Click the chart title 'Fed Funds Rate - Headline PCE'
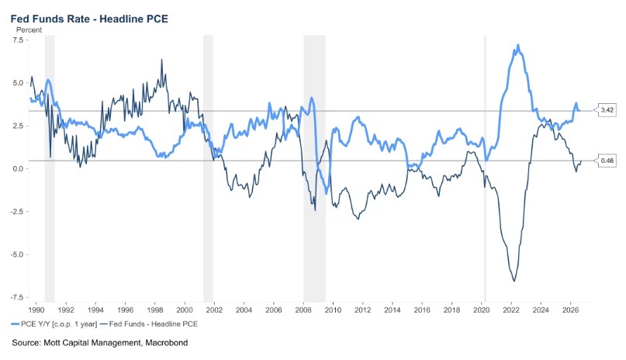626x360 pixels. coord(89,19)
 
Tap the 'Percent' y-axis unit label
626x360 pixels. coord(29,30)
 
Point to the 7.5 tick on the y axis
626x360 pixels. coord(19,40)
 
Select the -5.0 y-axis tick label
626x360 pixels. coord(17,254)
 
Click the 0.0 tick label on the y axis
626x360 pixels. coord(19,169)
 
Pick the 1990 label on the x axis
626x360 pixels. coord(36,310)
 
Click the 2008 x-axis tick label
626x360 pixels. coord(303,310)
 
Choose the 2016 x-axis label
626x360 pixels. coord(422,310)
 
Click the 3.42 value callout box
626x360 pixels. coord(606,109)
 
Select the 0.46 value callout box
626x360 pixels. coord(606,161)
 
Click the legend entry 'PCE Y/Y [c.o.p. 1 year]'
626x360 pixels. coord(54,324)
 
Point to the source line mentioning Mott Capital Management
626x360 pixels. coord(100,343)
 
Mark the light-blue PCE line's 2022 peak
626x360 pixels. coord(518,45)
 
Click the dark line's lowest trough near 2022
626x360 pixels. coord(514,281)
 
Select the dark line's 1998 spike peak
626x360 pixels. coord(161,60)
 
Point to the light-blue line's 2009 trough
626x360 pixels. coord(326,193)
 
